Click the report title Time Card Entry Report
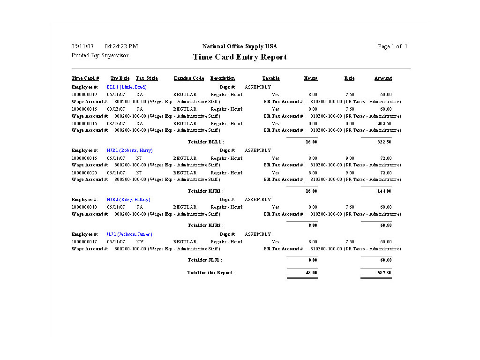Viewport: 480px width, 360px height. [240, 57]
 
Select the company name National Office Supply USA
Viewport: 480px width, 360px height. [240, 46]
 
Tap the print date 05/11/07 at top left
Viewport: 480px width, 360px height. [82, 46]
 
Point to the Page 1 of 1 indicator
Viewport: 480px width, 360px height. [392, 46]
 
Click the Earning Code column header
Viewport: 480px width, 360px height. [189, 78]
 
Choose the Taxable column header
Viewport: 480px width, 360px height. [271, 78]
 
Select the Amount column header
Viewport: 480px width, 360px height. [383, 78]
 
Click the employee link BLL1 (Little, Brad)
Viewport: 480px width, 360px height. [127, 87]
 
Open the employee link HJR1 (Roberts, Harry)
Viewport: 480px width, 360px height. [129, 150]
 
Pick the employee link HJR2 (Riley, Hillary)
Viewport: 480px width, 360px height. [128, 200]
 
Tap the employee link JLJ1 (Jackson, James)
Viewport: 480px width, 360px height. [129, 234]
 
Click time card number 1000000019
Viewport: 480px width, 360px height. [84, 95]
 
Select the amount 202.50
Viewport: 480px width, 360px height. [384, 124]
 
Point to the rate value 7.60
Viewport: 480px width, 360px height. [350, 207]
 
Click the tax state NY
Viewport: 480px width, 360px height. [140, 242]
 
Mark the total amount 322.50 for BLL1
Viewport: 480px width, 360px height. [384, 142]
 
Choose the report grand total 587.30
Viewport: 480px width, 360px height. [384, 272]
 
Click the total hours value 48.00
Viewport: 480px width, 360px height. [311, 272]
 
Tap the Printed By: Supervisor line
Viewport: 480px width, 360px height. [100, 55]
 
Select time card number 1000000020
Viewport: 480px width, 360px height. [84, 173]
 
